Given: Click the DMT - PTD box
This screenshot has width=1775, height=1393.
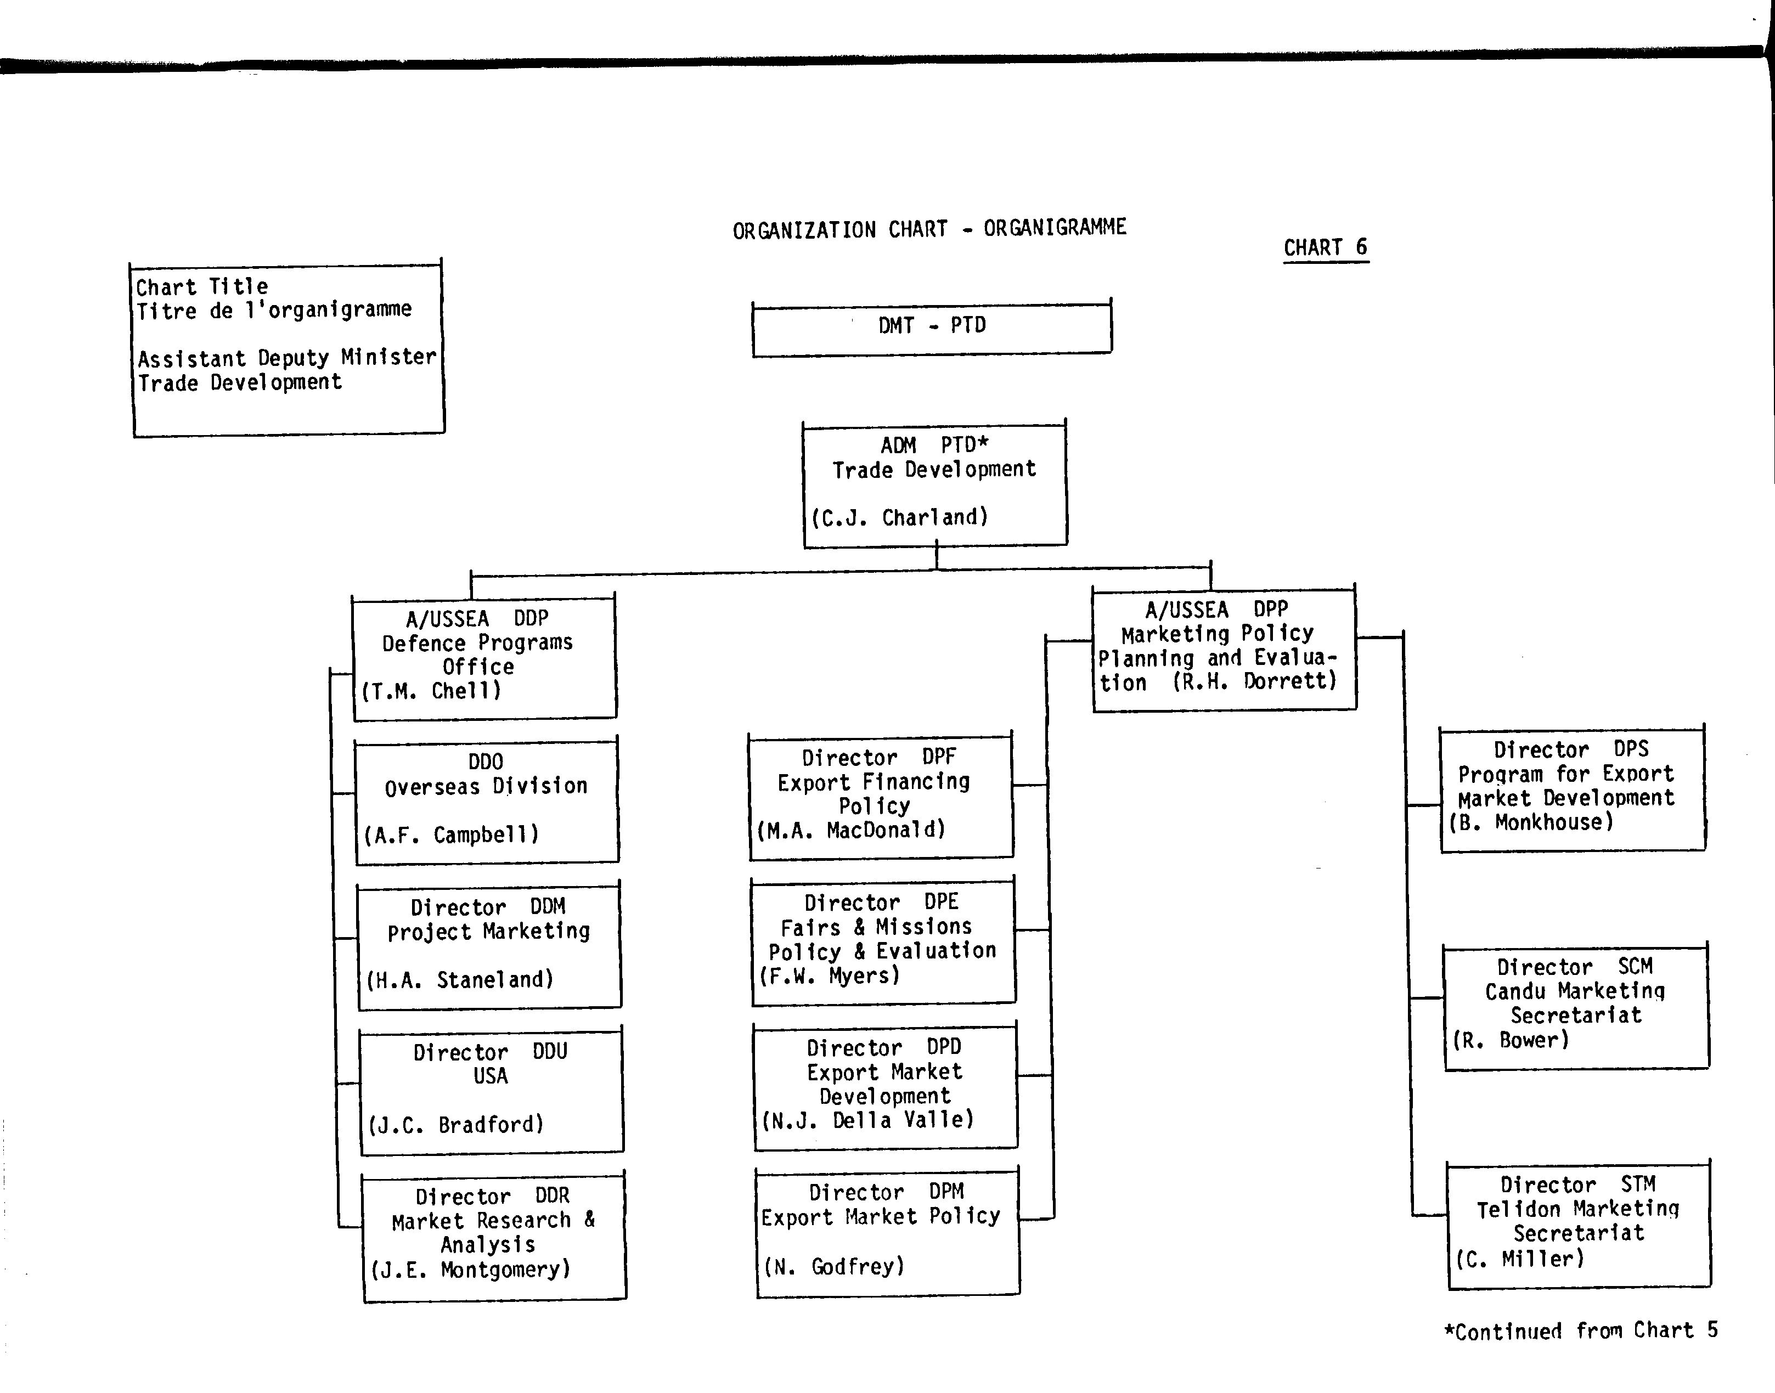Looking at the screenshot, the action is click(932, 328).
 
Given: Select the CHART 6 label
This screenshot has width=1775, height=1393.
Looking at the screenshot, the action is click(1326, 247).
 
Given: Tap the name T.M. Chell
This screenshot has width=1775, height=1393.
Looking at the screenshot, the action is click(431, 691).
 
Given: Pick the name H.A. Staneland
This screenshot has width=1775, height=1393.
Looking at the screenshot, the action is click(460, 979).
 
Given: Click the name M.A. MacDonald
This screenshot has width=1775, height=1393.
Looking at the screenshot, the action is click(852, 830).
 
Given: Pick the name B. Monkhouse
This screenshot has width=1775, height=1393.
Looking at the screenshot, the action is click(1531, 822).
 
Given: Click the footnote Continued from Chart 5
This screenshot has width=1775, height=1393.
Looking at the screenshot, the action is click(1581, 1331).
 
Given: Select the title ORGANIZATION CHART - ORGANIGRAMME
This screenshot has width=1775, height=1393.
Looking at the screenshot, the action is click(929, 229).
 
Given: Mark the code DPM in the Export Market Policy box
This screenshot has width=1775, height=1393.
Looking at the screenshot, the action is click(946, 1192).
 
